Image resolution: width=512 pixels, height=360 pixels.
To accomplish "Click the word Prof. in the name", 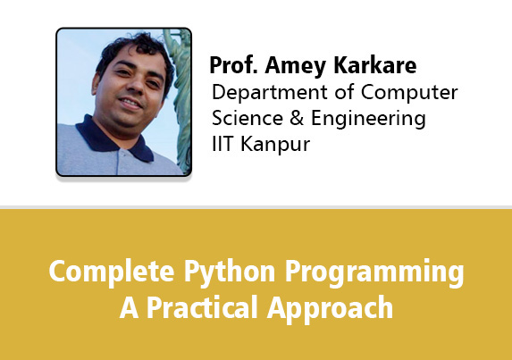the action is point(233,65).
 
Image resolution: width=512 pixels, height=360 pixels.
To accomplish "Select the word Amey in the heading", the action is point(295,66).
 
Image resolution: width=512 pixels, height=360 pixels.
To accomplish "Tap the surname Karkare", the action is point(375,65).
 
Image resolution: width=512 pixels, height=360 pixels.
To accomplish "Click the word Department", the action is point(269,92).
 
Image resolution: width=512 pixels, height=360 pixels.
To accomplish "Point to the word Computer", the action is point(409,92).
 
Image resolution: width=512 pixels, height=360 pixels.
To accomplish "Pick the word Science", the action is point(248,118).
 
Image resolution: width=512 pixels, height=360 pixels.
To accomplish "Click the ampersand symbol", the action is point(297,118).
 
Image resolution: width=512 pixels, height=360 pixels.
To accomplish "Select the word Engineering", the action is point(368,119).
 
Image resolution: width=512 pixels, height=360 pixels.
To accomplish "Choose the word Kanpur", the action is point(275,145).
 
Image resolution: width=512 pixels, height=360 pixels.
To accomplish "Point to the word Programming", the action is point(374,272).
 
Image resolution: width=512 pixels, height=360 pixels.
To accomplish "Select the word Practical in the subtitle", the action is point(201,308).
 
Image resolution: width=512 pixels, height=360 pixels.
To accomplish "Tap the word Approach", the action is point(330,309).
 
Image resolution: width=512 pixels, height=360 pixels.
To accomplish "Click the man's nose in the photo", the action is point(137,86).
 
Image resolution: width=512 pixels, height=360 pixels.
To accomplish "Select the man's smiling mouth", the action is point(130,103).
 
